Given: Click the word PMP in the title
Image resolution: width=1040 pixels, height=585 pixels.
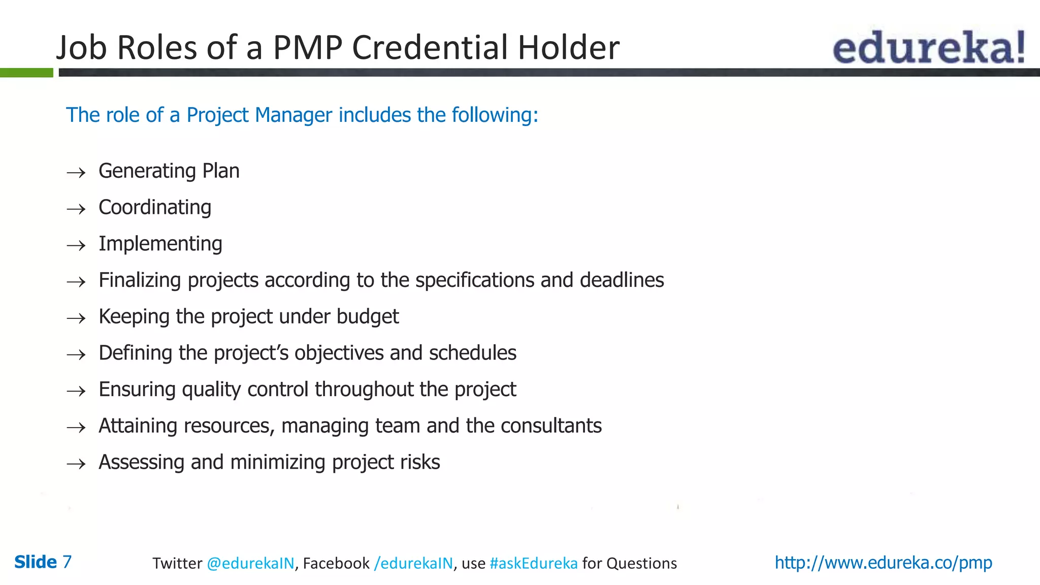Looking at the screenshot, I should click(308, 48).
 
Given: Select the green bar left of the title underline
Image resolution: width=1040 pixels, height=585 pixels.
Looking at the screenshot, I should click(26, 73).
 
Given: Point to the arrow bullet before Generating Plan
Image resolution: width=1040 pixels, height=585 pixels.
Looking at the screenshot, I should click(76, 173).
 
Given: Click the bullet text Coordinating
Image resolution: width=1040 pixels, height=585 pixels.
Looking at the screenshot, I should click(155, 208).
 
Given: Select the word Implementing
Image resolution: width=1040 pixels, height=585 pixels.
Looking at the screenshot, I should click(160, 244).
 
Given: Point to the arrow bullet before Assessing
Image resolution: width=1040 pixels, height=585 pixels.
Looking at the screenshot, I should click(76, 464).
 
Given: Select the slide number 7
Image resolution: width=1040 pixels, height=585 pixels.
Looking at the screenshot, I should click(67, 562).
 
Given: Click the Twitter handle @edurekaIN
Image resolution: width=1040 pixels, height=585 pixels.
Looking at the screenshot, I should click(250, 563).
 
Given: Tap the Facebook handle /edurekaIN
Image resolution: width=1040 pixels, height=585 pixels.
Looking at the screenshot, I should click(413, 563).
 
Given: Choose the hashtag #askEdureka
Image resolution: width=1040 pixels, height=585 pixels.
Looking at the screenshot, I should click(533, 563).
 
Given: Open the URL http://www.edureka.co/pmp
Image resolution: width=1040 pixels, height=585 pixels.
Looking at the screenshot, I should click(883, 563).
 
